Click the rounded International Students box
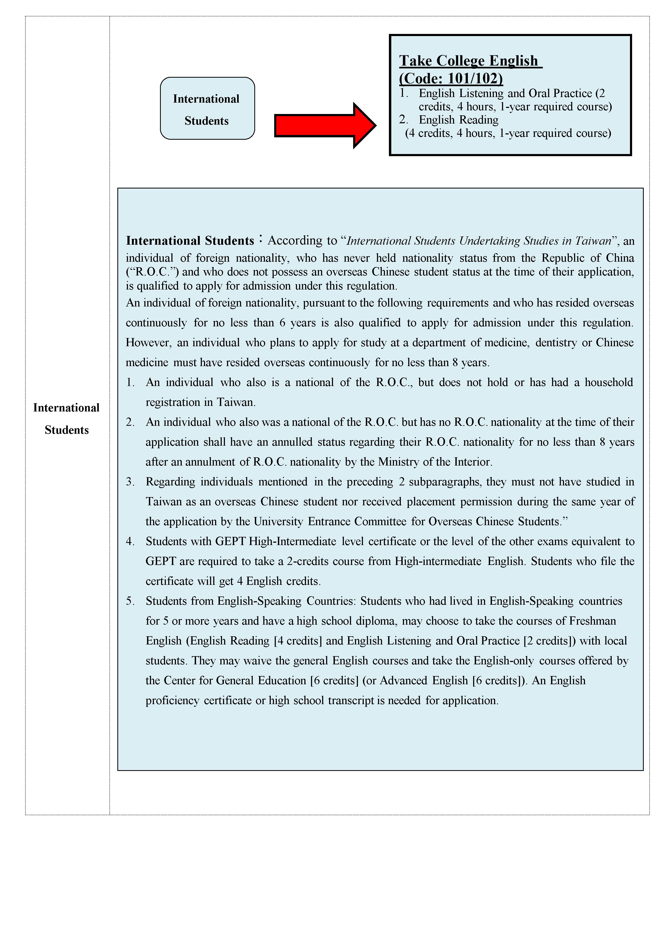[207, 108]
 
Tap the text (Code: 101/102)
[451, 78]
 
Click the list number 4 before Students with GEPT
[130, 542]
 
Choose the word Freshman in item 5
[593, 621]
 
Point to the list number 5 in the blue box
[130, 601]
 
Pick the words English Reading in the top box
[458, 120]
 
